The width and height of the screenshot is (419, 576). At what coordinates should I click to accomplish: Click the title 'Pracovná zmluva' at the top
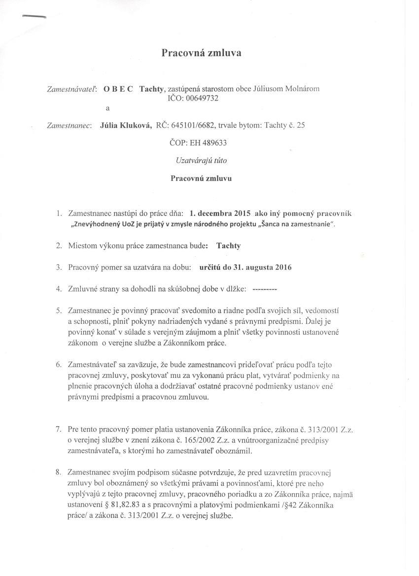(x=202, y=53)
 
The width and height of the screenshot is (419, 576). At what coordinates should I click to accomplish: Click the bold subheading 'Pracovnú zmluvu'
(x=201, y=178)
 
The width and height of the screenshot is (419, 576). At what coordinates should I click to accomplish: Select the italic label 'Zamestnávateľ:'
(x=71, y=89)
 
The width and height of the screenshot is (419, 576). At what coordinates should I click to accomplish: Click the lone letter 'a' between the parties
(x=107, y=107)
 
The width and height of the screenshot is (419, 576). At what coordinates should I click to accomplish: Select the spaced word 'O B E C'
(x=118, y=89)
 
